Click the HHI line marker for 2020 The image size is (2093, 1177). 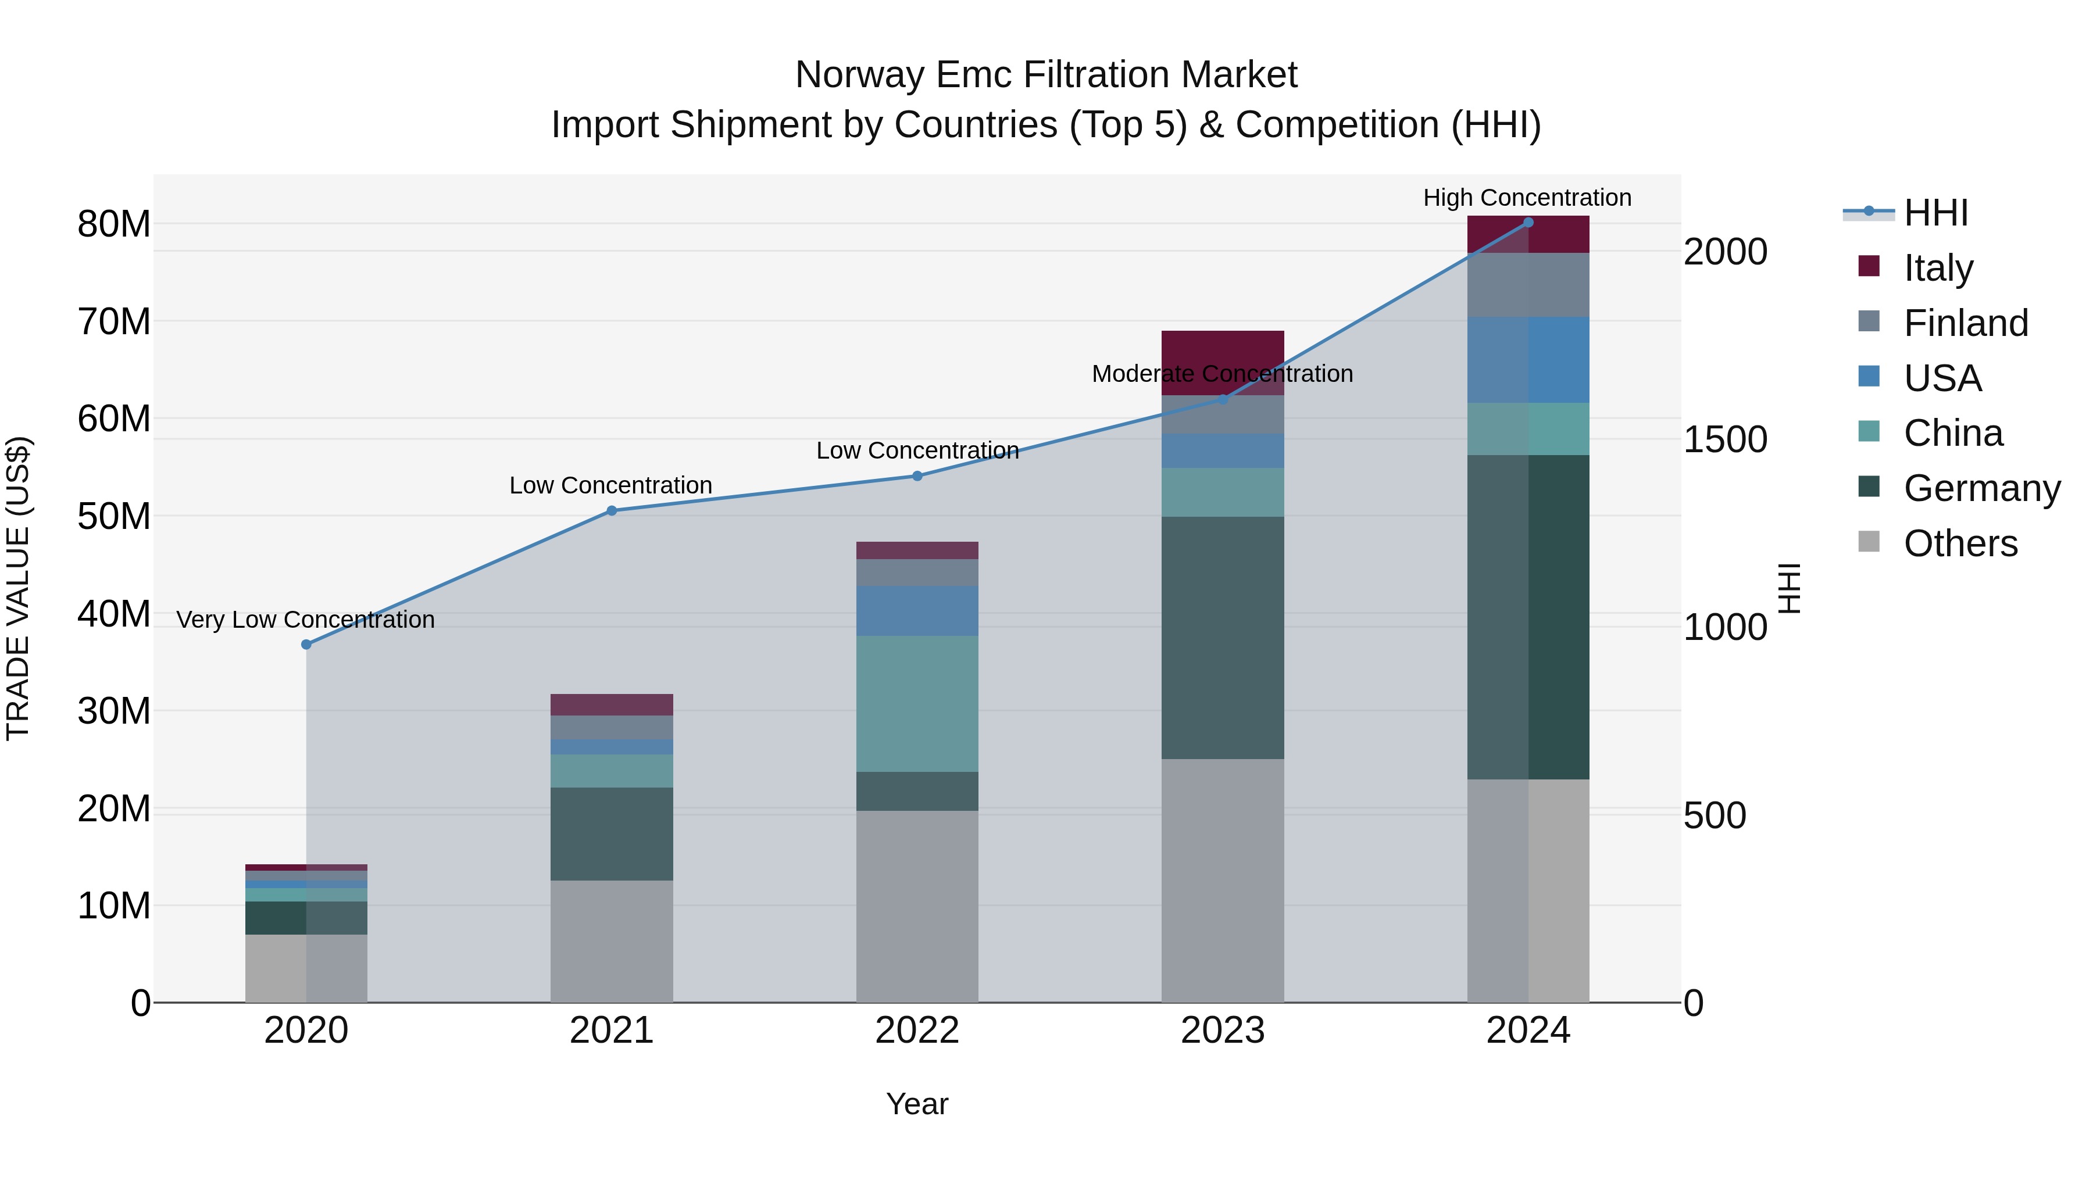click(306, 644)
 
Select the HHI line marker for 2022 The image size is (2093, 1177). click(917, 476)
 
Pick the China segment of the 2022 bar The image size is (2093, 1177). click(917, 703)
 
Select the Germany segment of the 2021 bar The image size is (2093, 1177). click(612, 833)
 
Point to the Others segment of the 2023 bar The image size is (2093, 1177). click(1223, 881)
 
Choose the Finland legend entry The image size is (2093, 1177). click(1966, 323)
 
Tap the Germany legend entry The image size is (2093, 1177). click(1981, 488)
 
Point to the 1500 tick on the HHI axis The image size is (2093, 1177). click(1724, 439)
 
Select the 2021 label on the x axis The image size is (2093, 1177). click(612, 1031)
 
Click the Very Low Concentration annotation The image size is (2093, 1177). click(305, 620)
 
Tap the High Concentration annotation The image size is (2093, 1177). click(1527, 198)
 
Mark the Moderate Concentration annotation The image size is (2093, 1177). click(1222, 374)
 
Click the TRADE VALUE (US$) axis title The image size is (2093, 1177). click(18, 588)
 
